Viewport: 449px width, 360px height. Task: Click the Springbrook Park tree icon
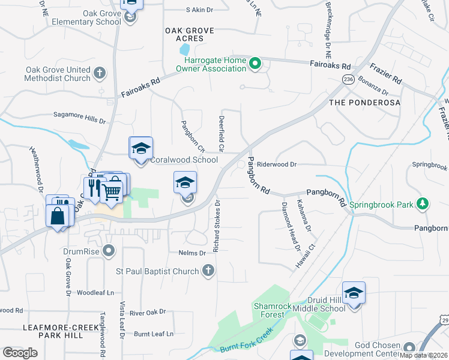(423, 204)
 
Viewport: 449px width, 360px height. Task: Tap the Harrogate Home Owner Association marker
(255, 62)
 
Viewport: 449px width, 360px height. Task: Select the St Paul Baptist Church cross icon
(208, 271)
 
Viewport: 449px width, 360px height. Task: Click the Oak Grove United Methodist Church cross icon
(100, 74)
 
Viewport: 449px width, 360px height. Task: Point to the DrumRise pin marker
(109, 250)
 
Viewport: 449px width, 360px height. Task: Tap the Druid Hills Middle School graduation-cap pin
(354, 293)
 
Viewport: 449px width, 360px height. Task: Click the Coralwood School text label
(184, 160)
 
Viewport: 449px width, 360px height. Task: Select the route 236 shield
(348, 79)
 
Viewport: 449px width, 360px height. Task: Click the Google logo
(20, 352)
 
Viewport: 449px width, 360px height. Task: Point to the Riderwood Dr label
(277, 164)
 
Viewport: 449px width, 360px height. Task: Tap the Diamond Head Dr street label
(291, 226)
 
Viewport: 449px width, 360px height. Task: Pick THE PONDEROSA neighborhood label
(364, 103)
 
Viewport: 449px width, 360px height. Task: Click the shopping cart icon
(111, 192)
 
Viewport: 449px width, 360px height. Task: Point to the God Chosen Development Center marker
(410, 347)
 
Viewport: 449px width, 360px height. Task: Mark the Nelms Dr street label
(191, 253)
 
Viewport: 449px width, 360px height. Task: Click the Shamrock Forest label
(272, 310)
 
